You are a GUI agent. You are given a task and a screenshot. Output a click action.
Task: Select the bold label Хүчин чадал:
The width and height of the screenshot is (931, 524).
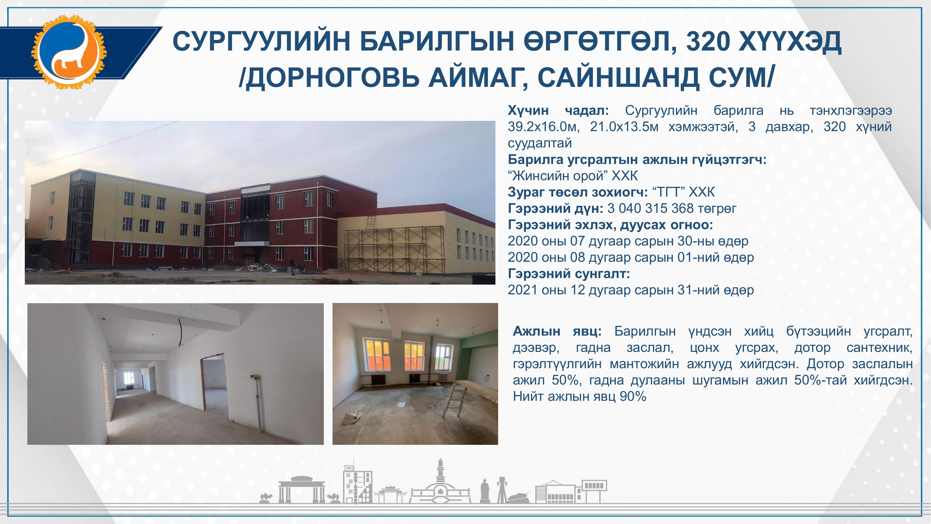tap(558, 110)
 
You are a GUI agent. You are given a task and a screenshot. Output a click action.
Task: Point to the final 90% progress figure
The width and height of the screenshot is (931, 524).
tap(633, 397)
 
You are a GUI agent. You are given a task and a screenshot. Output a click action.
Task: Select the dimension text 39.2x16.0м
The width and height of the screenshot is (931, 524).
tap(544, 127)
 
